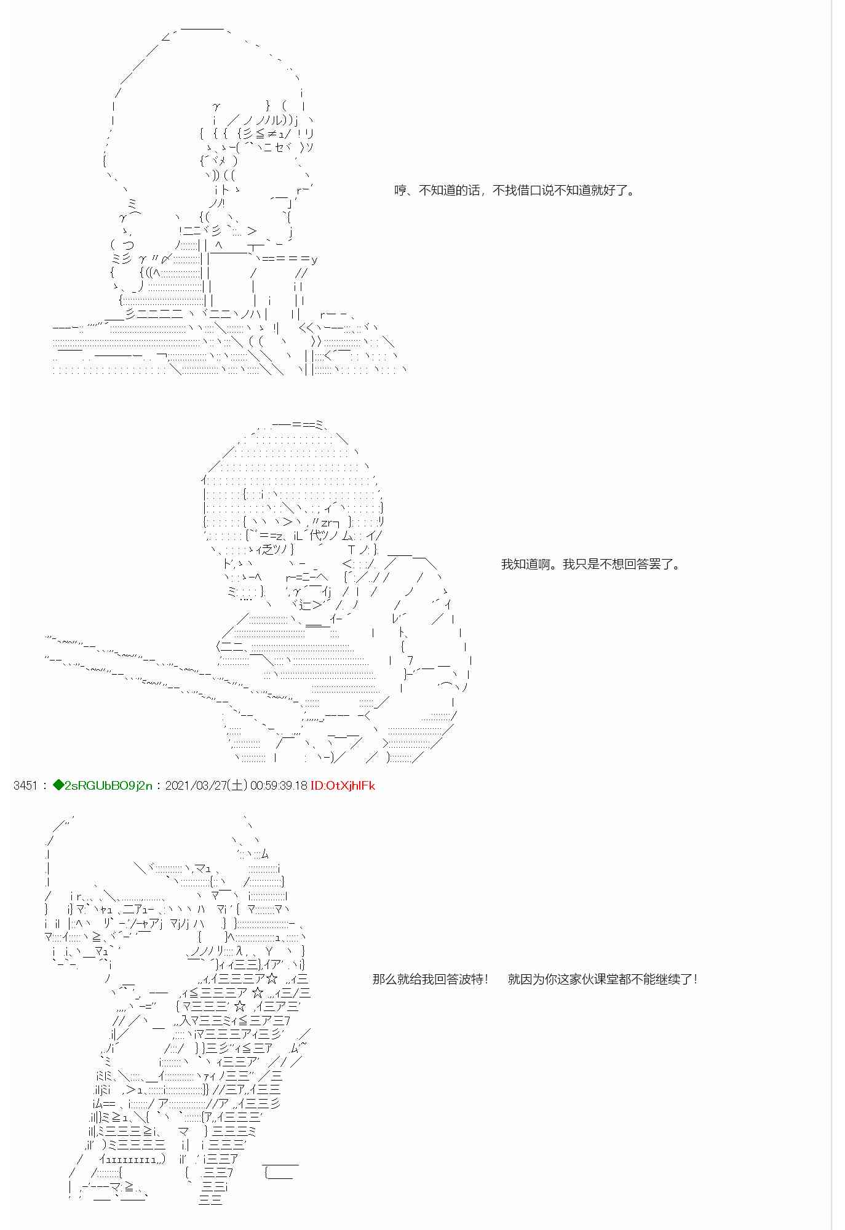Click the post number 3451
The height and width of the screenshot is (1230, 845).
coord(25,785)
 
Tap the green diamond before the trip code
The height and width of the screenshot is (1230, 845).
coord(58,785)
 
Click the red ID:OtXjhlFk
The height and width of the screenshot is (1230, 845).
coord(343,785)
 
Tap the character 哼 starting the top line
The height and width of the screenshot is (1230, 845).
coord(400,190)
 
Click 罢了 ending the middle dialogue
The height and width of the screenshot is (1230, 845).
coord(661,564)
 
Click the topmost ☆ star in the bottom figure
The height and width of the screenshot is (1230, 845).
coord(272,978)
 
